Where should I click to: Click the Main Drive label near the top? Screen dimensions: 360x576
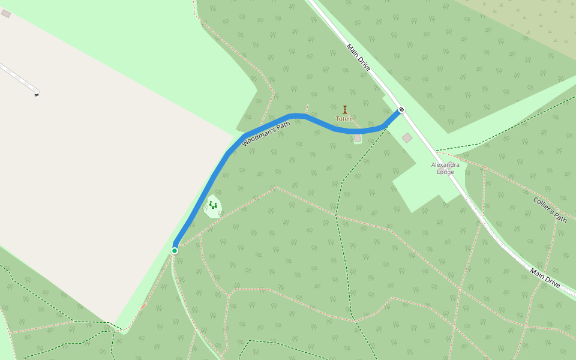tap(359, 57)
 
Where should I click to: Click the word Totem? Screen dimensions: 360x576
tap(344, 119)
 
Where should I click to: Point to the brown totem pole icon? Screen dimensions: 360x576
tap(345, 110)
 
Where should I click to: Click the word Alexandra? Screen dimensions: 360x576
tap(445, 164)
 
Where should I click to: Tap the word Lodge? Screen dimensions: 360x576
tap(445, 172)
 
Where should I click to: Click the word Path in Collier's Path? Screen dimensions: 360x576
tap(560, 217)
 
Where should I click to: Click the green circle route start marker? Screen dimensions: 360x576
tap(175, 250)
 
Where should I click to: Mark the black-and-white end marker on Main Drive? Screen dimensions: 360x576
tap(401, 110)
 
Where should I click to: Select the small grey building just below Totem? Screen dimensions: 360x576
tap(358, 138)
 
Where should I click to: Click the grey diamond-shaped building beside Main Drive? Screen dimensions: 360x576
tap(407, 138)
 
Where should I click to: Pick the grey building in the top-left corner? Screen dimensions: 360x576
tap(6, 13)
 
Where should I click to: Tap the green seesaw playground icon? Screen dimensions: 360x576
tap(213, 205)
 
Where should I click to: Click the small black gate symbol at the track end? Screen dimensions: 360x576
tap(37, 95)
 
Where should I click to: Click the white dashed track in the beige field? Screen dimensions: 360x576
tap(18, 77)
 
